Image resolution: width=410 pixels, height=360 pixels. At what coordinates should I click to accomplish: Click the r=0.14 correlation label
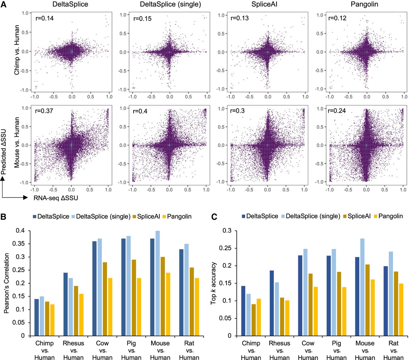tap(45, 18)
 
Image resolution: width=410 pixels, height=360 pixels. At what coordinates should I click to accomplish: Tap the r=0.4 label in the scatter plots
tap(140, 111)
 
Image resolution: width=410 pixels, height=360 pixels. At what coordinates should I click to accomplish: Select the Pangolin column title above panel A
tap(364, 4)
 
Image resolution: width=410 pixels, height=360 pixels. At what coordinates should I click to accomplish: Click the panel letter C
tap(214, 217)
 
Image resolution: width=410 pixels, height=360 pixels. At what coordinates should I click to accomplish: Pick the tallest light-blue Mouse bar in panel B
tap(157, 283)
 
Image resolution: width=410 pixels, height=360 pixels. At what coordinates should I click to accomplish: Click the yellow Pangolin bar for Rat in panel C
tap(401, 309)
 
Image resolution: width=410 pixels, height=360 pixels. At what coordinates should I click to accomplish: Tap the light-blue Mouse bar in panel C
tap(362, 287)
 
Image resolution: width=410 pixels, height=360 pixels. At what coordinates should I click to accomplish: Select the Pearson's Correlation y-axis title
tap(7, 283)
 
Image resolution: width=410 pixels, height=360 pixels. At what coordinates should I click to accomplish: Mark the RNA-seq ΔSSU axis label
tap(56, 198)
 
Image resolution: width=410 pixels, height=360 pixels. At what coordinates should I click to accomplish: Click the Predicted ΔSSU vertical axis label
tap(4, 152)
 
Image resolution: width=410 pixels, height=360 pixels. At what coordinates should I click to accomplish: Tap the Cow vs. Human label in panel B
tap(102, 350)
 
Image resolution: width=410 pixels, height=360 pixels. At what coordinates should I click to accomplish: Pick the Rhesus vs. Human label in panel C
tap(280, 350)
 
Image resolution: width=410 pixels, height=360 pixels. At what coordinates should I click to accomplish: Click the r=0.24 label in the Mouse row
tap(337, 111)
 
